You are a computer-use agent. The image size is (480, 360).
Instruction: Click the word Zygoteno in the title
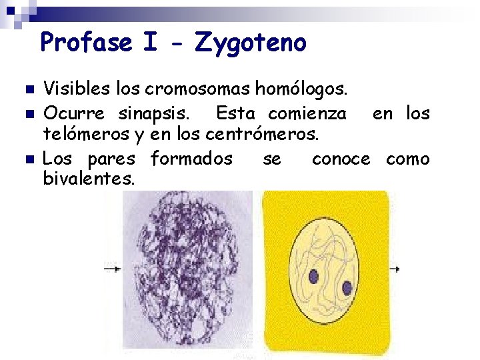251,43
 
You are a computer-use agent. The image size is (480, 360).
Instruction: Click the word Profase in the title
87,43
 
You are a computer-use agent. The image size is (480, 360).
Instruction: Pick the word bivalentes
89,179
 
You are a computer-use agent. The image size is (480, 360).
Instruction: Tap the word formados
191,159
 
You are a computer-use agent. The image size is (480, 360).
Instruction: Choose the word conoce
341,159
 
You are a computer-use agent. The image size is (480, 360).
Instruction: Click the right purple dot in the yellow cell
347,288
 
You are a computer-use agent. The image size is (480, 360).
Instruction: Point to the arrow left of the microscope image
112,269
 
